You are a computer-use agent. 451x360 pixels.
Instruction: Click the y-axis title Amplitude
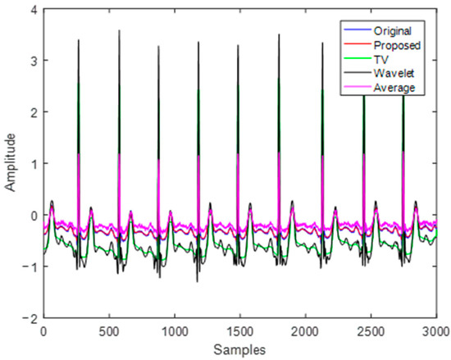click(11, 162)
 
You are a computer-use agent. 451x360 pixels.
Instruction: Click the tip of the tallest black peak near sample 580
click(119, 31)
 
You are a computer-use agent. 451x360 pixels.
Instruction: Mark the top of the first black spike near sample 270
click(79, 40)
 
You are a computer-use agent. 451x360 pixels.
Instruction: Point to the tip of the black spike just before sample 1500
click(238, 46)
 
